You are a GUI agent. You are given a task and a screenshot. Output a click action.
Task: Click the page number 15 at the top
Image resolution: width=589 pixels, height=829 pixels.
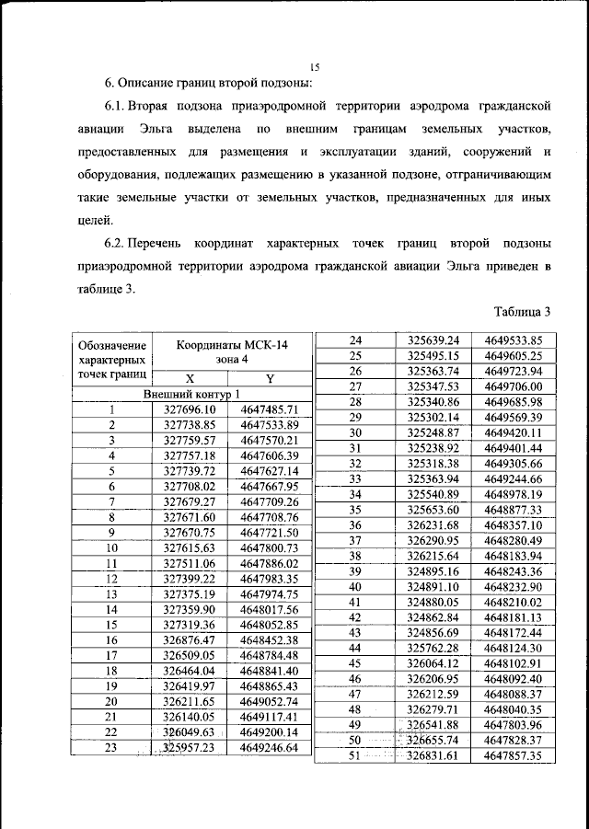pos(315,67)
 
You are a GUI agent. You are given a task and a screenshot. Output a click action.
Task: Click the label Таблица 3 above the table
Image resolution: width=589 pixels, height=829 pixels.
pos(521,311)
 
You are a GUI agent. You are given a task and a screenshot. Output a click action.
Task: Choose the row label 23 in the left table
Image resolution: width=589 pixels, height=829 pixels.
pos(112,748)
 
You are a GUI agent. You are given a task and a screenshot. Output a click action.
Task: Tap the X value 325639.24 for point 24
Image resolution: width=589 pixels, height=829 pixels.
pos(433,340)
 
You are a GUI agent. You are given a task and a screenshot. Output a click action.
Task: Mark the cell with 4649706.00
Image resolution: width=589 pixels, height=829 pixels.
pos(512,386)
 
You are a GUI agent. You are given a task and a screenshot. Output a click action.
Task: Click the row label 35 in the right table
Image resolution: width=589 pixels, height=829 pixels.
pos(355,509)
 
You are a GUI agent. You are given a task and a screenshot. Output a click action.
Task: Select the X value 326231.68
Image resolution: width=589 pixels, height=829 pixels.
pos(433,524)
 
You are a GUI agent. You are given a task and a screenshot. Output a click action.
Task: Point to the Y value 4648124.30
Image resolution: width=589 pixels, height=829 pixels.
pos(512,648)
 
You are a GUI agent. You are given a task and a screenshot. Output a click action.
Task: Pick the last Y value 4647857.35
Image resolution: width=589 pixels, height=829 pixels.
pos(512,755)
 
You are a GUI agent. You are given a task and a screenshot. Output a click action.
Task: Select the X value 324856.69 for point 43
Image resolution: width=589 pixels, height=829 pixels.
pos(433,632)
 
